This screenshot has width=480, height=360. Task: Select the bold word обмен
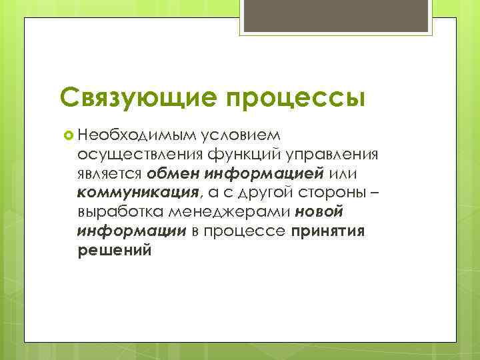174,174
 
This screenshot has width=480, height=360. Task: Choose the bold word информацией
265,174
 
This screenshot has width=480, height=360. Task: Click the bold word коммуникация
137,193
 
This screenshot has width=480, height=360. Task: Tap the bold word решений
114,251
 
